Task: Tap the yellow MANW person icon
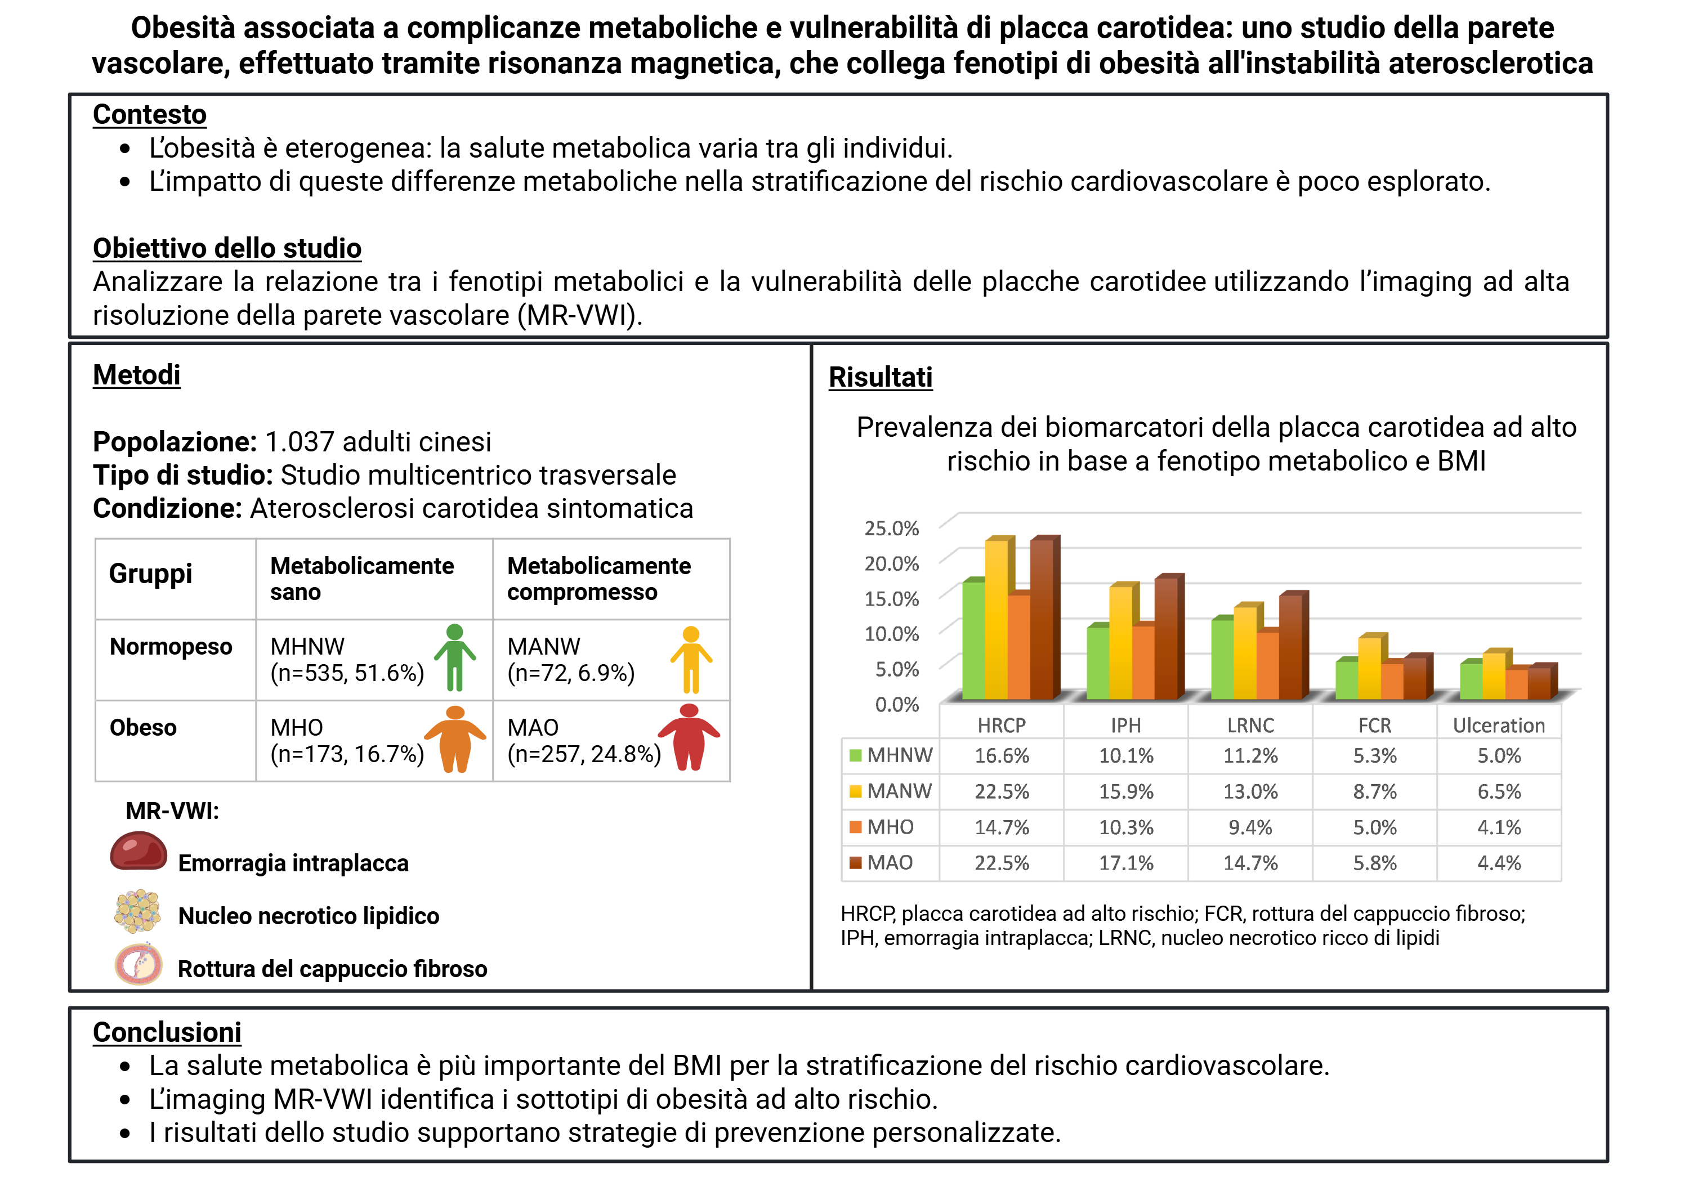pos(691,660)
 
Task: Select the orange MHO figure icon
pos(455,738)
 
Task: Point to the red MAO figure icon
pos(689,737)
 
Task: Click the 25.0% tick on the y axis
pos(891,528)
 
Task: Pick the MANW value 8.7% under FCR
pos(1374,791)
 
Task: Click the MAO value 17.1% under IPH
pos(1125,863)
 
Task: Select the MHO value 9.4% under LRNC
pos(1250,827)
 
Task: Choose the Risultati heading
pos(881,377)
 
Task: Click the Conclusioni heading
pos(167,1032)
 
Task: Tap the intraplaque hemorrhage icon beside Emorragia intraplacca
pos(138,851)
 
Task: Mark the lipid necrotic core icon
pos(137,911)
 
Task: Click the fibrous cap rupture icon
pos(138,964)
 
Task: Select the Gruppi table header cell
pos(151,574)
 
